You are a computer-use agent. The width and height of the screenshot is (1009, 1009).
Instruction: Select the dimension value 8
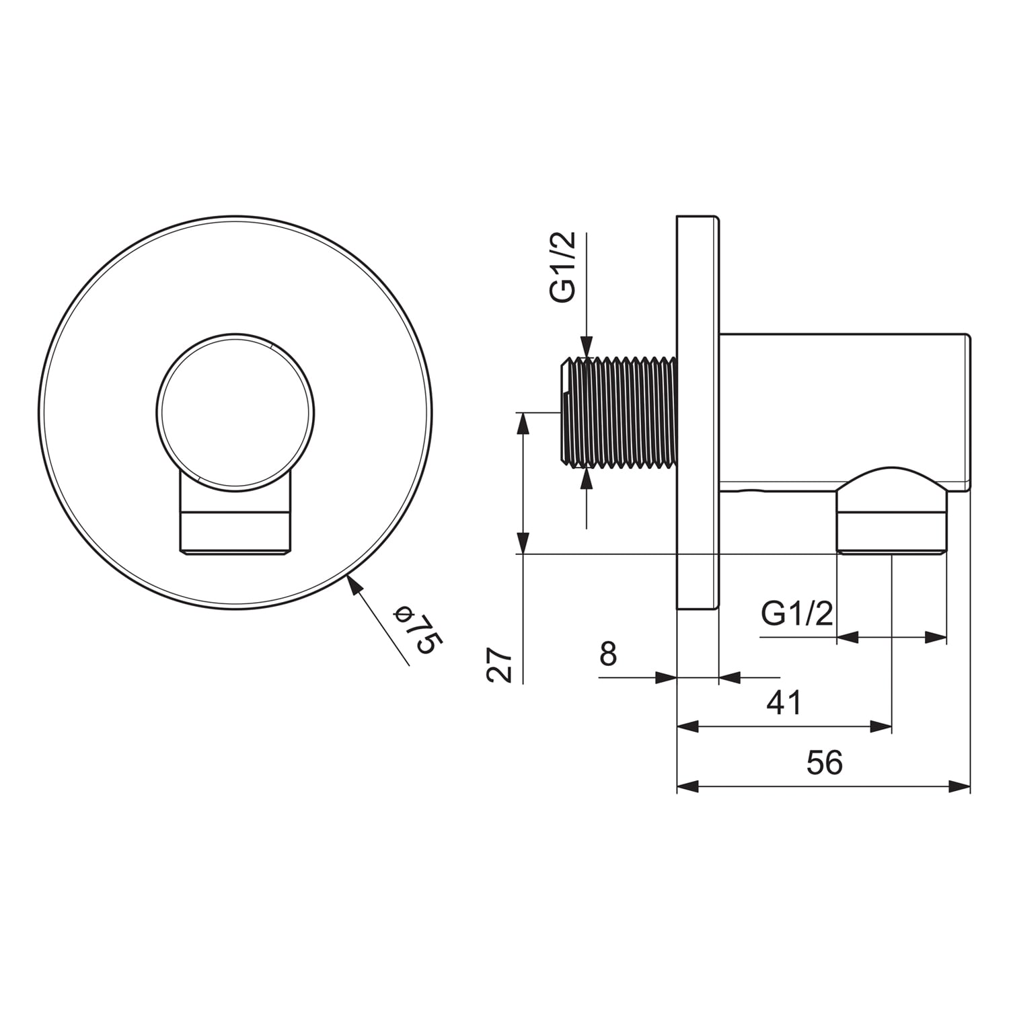point(608,653)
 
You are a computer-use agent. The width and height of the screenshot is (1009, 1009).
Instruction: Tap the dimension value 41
point(784,702)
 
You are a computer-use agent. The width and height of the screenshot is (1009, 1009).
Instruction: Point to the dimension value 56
point(824,763)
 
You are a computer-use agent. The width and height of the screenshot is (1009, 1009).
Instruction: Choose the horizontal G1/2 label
point(797,613)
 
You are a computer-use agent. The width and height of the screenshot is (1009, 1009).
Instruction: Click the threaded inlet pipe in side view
point(618,412)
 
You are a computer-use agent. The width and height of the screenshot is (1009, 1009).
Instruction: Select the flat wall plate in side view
point(698,412)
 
